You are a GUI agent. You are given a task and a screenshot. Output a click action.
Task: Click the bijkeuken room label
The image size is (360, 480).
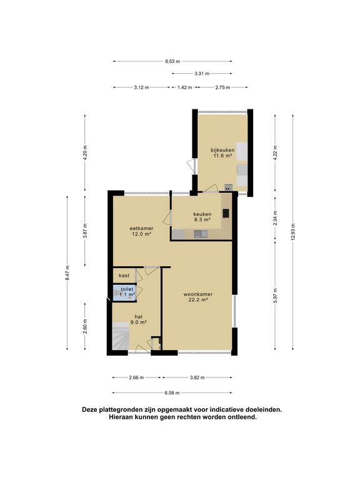coord(222,152)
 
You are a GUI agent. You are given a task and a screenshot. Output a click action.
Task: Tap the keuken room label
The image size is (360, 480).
coord(202,217)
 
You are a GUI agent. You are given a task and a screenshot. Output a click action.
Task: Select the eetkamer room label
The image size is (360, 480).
coord(141,231)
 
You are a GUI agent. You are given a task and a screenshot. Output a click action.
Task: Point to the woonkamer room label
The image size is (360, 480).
coord(198,297)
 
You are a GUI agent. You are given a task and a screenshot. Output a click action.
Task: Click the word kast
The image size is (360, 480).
coord(124,276)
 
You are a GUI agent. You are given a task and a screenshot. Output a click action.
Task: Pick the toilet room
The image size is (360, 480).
coord(124,293)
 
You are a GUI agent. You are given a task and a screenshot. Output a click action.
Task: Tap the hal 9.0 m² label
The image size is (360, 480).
coord(138,319)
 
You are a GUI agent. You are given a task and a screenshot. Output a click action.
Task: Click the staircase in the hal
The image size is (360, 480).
coord(121,336)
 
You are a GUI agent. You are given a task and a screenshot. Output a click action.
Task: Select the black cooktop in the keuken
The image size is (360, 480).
coord(226,212)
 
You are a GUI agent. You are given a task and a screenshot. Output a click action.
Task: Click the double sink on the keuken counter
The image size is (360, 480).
coord(201,234)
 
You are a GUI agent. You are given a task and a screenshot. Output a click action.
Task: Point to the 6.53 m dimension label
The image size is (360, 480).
coord(172,61)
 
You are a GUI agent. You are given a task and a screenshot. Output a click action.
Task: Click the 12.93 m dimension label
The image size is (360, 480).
coord(293,232)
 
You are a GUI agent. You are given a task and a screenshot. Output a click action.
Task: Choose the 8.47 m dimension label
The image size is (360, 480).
coord(67,272)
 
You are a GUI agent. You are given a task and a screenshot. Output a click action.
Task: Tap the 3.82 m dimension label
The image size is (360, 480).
coord(197,377)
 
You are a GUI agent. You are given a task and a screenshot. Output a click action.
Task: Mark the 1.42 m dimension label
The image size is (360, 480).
coord(184,87)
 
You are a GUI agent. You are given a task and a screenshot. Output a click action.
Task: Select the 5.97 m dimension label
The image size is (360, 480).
coord(275,295)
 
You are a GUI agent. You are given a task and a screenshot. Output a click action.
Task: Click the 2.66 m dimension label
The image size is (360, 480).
coord(136,377)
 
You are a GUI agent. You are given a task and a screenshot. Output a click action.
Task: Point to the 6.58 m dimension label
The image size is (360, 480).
coord(172,392)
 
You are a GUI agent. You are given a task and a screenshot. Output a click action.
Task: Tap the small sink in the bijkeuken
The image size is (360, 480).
coord(228,187)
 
